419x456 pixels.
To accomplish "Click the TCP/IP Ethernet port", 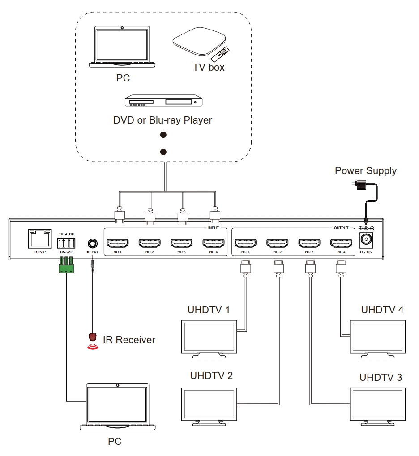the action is pos(40,239).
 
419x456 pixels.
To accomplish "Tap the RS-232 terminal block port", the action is pos(66,243).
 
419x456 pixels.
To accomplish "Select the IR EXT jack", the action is pos(93,243).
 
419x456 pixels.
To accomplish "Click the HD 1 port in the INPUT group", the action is pos(118,243).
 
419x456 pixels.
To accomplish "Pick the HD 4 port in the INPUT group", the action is pos(214,243).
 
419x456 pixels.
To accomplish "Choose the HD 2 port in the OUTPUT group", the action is pos(277,243).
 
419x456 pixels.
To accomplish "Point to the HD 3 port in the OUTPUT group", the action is pos(309,243).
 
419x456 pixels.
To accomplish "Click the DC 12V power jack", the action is pos(366,240).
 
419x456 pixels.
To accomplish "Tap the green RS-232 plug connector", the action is pos(66,264).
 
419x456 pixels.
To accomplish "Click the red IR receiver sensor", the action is pos(93,337).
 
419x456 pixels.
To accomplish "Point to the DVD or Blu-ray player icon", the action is pos(163,101).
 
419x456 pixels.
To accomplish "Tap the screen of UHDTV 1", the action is pos(209,337).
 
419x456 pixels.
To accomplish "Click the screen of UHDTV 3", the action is pos(377,404).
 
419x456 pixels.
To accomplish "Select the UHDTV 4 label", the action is pos(382,310).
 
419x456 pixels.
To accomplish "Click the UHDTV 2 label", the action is pos(211,376).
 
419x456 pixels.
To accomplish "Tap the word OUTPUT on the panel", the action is pos(341,228).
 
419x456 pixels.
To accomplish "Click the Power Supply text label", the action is pos(366,170).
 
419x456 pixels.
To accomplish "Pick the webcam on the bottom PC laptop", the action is pos(118,385).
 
